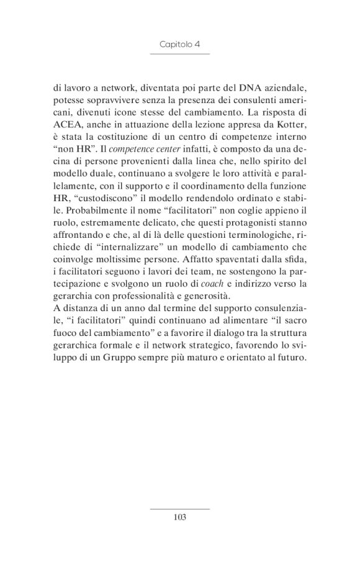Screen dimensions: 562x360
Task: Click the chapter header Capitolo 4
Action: click(x=179, y=45)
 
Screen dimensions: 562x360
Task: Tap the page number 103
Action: click(x=180, y=517)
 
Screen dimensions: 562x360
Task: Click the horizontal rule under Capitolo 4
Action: click(x=180, y=54)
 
